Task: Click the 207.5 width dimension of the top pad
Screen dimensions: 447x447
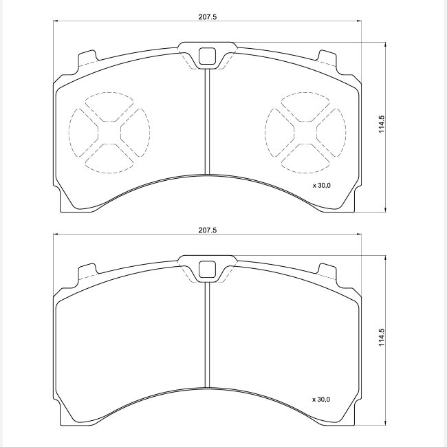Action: click(x=208, y=17)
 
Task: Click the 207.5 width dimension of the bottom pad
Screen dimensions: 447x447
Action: click(x=208, y=230)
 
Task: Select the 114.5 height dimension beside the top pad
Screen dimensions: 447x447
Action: click(x=382, y=124)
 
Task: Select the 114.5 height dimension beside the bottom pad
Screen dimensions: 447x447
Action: click(x=382, y=337)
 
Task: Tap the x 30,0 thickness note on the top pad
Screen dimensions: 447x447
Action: click(x=322, y=186)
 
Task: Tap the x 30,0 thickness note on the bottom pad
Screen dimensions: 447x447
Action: click(x=321, y=400)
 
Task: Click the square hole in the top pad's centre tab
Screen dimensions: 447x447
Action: click(x=207, y=56)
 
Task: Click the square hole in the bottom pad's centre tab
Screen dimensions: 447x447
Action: click(x=207, y=270)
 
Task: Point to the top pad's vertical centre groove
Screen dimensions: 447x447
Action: click(x=207, y=122)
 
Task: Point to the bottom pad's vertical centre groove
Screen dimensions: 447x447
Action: click(x=207, y=335)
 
